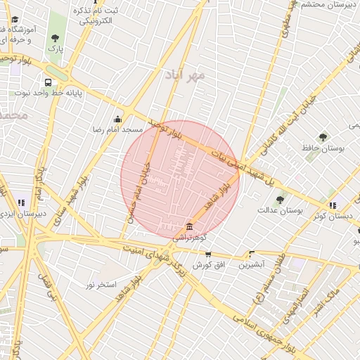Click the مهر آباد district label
click(185, 74)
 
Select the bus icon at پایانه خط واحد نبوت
click(47, 82)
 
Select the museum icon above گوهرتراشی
click(189, 225)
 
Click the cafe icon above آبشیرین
click(251, 254)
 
